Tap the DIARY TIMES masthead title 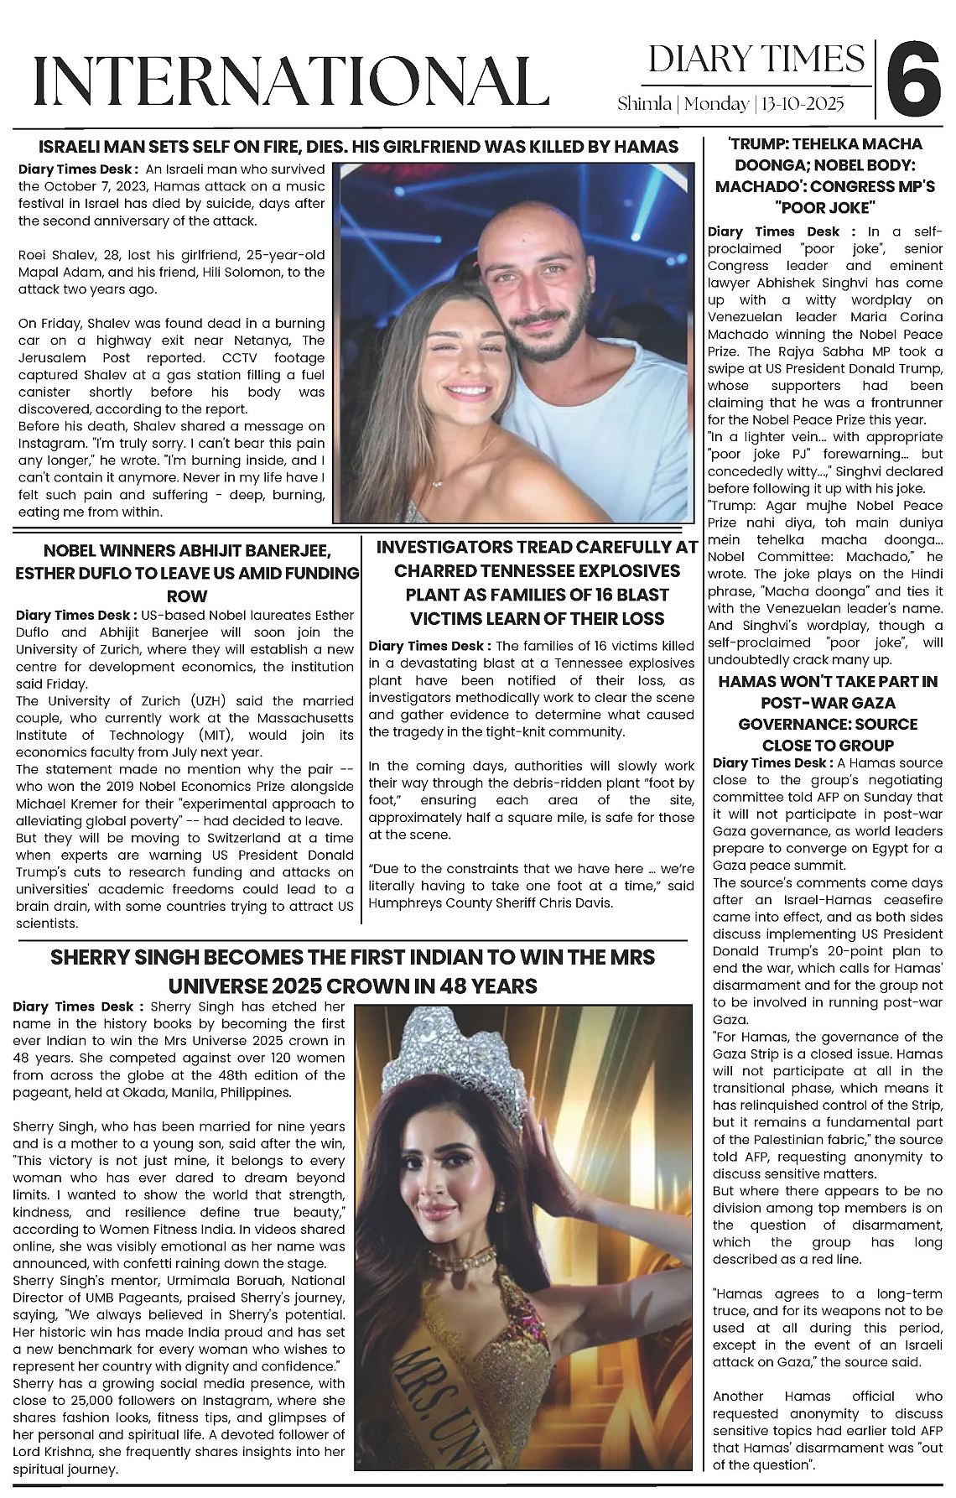[x=756, y=60]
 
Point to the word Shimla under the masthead [x=644, y=104]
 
